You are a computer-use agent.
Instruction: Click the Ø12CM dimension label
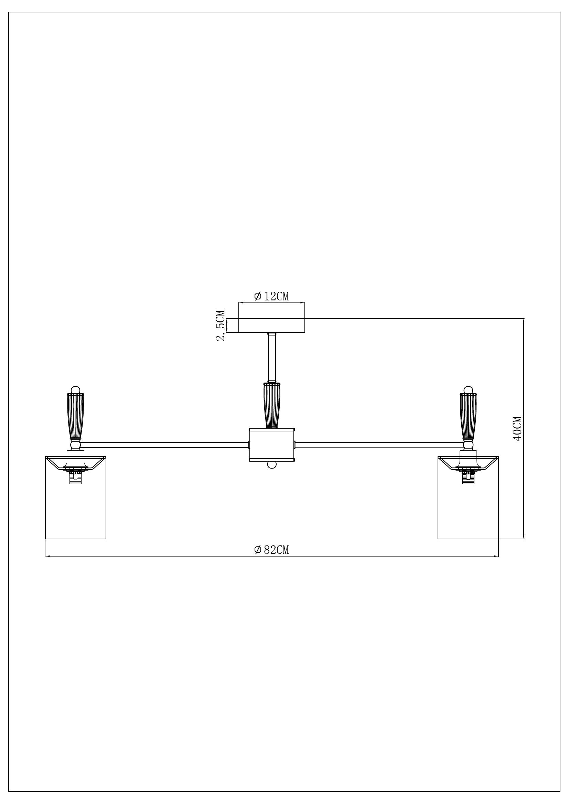point(271,296)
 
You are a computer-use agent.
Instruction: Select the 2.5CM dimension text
point(221,325)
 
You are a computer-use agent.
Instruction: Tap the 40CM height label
point(517,428)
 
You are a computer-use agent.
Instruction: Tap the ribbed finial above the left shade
point(75,416)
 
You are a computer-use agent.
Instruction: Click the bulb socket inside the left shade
point(75,475)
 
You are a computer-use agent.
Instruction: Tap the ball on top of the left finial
point(75,389)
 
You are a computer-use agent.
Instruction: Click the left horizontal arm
point(164,445)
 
